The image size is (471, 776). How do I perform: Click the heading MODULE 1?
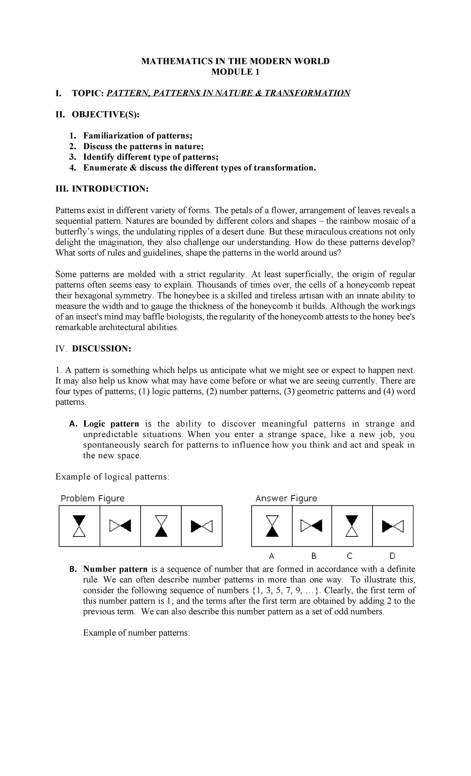[235, 72]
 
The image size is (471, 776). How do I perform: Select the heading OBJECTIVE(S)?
[105, 114]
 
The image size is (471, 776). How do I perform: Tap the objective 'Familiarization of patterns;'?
[138, 136]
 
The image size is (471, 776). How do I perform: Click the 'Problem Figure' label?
[93, 498]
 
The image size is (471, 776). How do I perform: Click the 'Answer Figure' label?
[286, 498]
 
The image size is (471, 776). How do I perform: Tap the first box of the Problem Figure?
[80, 526]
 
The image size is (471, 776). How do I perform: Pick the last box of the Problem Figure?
[201, 526]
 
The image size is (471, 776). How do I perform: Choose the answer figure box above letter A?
[272, 526]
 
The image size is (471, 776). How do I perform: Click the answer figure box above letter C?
[352, 526]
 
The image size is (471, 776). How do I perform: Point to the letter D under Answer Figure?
[392, 556]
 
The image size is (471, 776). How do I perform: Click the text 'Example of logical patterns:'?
[113, 477]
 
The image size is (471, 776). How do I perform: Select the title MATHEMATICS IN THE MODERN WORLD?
[235, 61]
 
